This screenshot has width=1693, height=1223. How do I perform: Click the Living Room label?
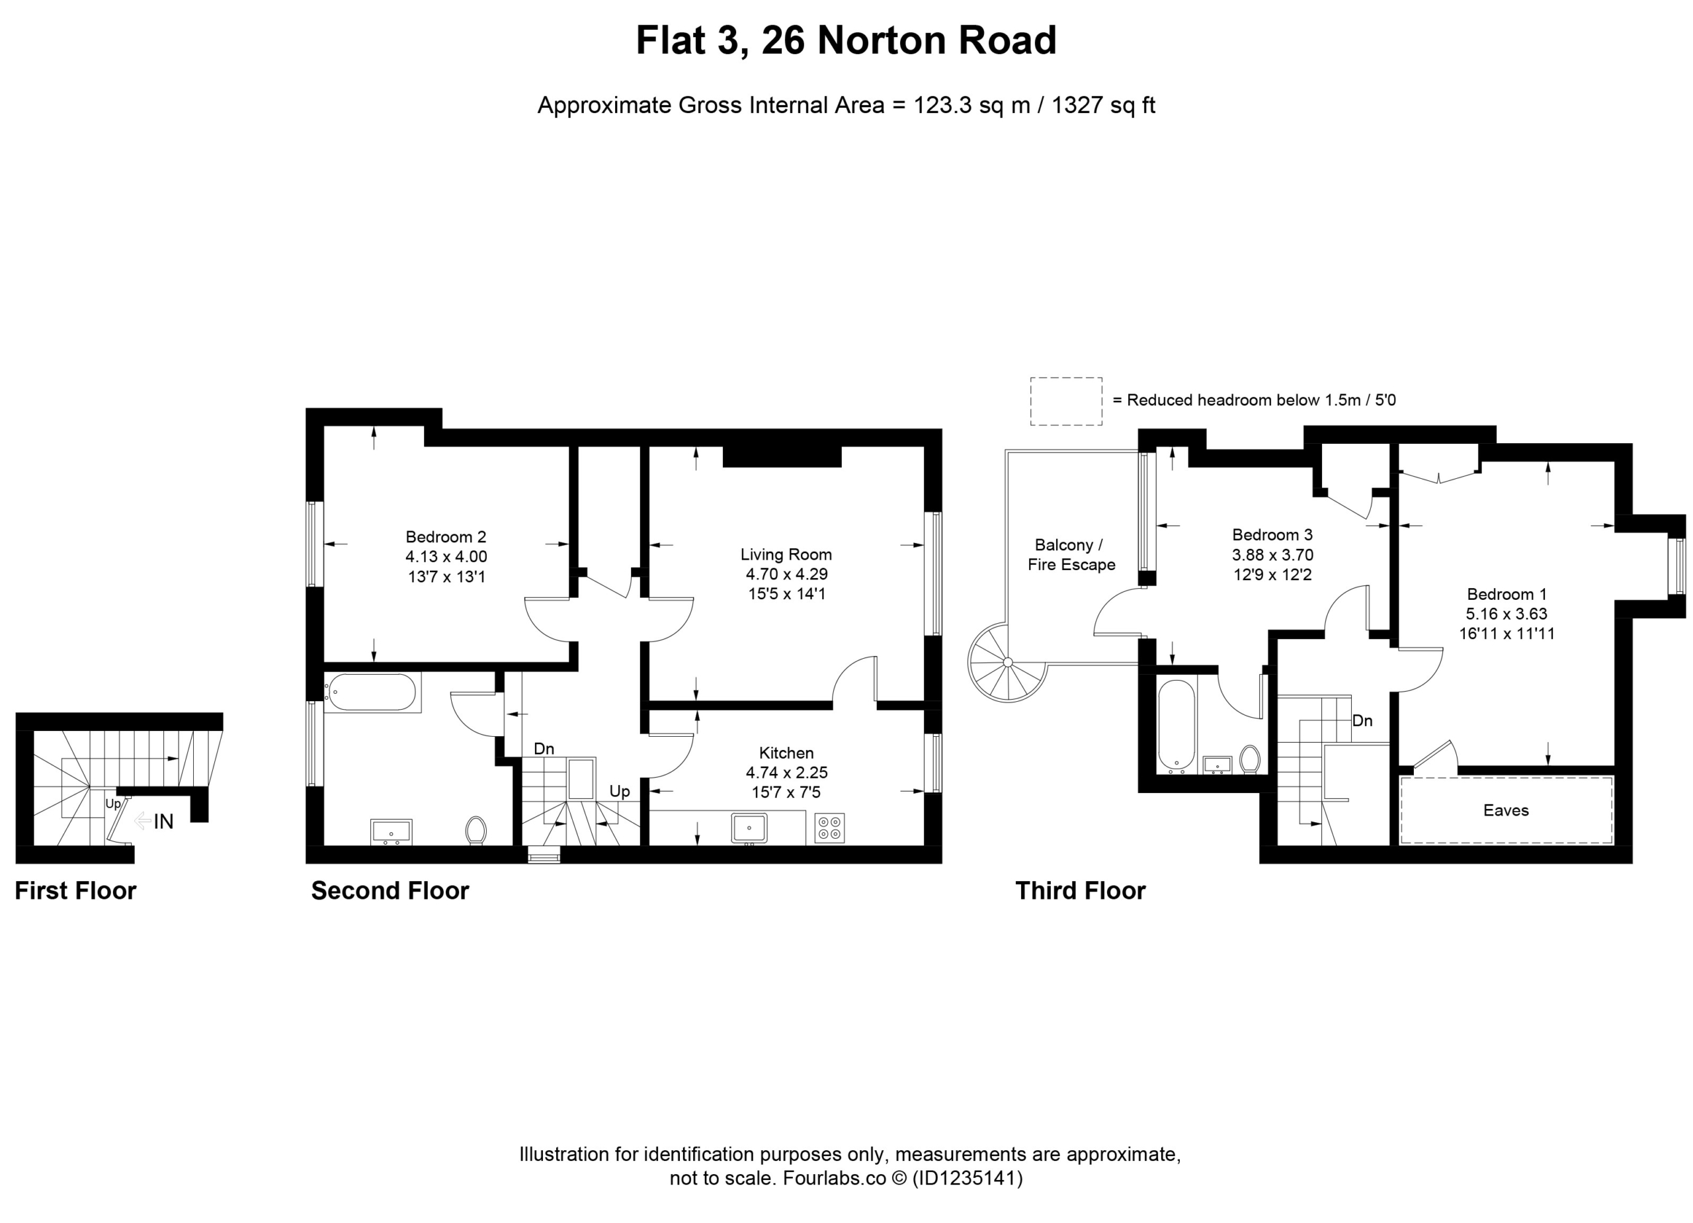(x=786, y=554)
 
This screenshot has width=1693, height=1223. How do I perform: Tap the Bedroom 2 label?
(x=446, y=537)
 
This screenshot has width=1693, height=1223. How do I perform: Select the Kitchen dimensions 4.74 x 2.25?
(x=787, y=772)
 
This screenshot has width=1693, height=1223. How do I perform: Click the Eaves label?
(x=1506, y=810)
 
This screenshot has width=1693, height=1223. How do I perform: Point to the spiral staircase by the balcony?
(x=1009, y=663)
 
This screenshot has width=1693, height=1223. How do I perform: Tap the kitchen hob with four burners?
(x=829, y=827)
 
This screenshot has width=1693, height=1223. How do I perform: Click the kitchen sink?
(x=749, y=828)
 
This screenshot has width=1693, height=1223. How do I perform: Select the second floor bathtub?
(x=371, y=692)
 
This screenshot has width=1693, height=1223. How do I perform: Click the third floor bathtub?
(x=1177, y=725)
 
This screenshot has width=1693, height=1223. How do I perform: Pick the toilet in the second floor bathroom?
(x=475, y=830)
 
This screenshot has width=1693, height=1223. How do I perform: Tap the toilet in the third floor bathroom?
(x=1250, y=759)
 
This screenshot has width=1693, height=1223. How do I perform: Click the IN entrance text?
(x=163, y=822)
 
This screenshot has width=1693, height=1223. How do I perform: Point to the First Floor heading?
(x=75, y=891)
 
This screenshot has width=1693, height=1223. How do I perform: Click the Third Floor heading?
(x=1080, y=891)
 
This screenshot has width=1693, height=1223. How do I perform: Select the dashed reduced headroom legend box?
(x=1066, y=401)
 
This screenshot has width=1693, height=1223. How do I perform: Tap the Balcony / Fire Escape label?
(x=1071, y=555)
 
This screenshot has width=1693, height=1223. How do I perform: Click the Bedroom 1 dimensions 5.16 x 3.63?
(x=1507, y=614)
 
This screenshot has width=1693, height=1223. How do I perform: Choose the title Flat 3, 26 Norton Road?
(x=846, y=40)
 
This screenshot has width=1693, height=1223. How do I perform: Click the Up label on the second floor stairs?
(x=620, y=792)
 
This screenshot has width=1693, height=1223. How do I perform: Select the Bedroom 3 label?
(x=1272, y=534)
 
